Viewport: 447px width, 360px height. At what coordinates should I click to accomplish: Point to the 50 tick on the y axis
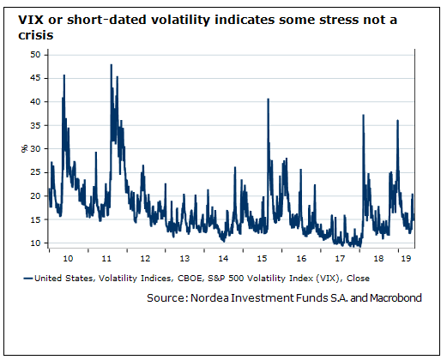click(x=35, y=54)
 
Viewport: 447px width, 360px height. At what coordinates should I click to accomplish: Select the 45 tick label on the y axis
click(x=35, y=78)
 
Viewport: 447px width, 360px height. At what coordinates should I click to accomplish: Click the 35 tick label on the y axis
click(x=35, y=125)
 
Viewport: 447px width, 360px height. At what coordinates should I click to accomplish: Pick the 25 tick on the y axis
click(x=35, y=172)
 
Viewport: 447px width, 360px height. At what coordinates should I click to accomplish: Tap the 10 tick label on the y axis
click(x=35, y=243)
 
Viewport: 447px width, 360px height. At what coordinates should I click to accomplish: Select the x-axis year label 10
click(x=69, y=257)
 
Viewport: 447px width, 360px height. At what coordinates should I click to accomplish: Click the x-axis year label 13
click(x=184, y=257)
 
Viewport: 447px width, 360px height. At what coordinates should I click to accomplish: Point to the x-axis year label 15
click(x=262, y=257)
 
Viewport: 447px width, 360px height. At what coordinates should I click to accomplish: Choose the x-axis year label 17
click(x=340, y=257)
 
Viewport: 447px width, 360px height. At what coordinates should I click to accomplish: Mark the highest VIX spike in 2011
click(x=112, y=65)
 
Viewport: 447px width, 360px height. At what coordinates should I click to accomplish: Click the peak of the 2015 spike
click(x=269, y=99)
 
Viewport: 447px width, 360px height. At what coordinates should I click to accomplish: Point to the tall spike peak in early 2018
click(x=364, y=116)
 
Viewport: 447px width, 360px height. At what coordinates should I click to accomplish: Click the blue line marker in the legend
click(x=28, y=278)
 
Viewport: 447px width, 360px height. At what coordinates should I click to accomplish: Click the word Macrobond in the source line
click(x=390, y=297)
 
